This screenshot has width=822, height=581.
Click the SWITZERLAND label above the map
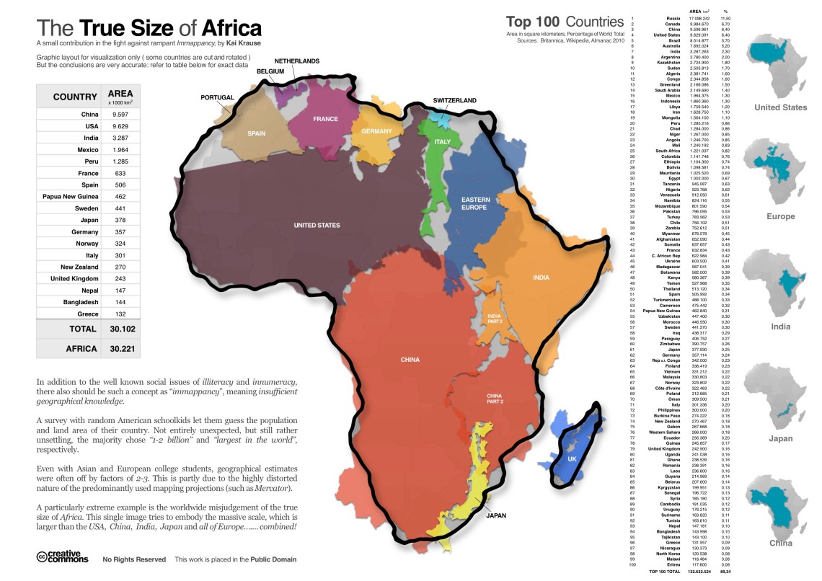pos(454,100)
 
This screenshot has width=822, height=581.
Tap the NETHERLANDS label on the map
pos(296,62)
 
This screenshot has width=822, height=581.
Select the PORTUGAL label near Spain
pos(217,97)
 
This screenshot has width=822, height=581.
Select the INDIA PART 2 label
pos(494,319)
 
